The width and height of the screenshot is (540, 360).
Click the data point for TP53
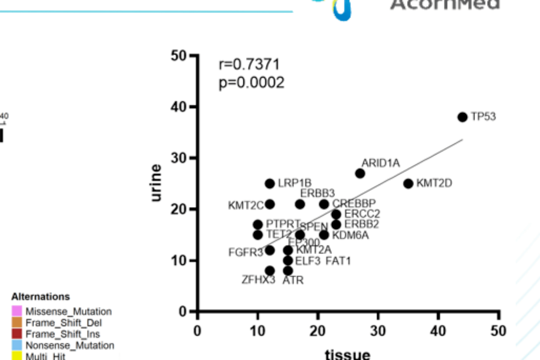462,117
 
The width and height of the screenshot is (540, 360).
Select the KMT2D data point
408,183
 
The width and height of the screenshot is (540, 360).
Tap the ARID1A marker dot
360,173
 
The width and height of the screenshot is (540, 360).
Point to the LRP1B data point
270,183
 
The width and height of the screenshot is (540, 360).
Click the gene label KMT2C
245,205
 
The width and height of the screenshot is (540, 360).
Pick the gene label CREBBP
354,203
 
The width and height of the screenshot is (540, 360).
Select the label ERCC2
362,214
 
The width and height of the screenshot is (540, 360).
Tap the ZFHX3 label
258,279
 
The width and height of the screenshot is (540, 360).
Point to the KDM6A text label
350,235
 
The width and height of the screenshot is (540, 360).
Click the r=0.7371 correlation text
249,64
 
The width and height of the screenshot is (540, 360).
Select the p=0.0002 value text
251,82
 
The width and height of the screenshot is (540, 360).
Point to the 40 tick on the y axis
177,107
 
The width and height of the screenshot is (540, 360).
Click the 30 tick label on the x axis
378,331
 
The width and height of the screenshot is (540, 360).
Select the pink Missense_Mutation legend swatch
17,311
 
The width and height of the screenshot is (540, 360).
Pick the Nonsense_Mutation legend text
69,345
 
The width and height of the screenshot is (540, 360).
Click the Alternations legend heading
40,297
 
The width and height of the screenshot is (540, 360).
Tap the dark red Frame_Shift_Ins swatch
17,334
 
